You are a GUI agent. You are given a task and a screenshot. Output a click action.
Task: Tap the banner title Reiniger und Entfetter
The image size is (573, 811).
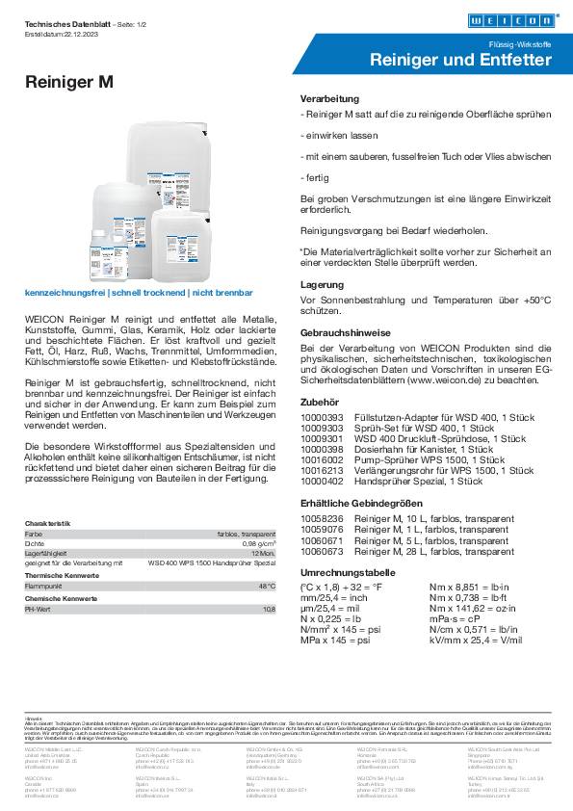(x=461, y=61)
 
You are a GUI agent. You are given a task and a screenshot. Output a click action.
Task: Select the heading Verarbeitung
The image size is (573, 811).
(x=329, y=99)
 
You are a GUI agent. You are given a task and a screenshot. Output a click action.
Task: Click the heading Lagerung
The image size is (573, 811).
(x=322, y=285)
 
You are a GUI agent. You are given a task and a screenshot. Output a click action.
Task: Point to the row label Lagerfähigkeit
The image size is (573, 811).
(x=46, y=553)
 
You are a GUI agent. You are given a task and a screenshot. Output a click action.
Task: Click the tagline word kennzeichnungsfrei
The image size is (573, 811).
(x=65, y=291)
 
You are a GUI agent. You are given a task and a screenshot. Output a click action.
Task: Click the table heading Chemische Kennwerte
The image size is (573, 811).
(x=56, y=598)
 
